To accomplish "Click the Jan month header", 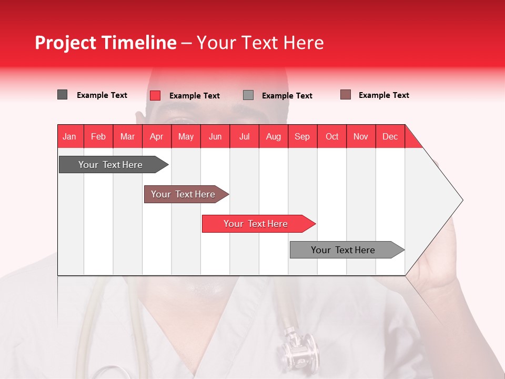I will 70,136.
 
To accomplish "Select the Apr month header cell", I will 157,136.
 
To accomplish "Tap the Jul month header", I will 244,136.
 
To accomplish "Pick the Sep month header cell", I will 302,136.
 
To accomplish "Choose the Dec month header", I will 390,136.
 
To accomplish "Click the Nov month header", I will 361,136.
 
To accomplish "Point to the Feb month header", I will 98,136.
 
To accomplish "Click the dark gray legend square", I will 62,95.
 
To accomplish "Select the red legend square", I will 155,95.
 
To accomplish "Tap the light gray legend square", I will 248,95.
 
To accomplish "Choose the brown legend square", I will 346,95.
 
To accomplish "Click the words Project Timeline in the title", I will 105,43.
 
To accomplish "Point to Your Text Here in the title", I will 260,43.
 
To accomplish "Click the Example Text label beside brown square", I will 383,95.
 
